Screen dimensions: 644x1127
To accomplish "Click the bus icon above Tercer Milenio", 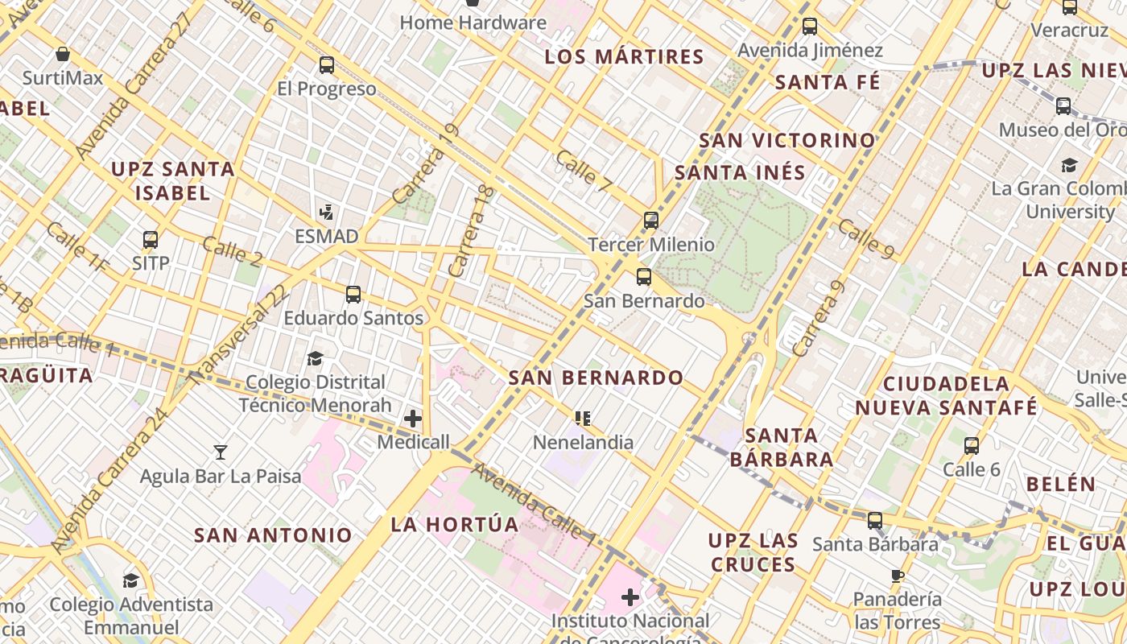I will (650, 220).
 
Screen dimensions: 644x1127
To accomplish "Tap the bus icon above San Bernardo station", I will (643, 277).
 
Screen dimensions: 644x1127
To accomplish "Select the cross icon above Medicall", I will (413, 419).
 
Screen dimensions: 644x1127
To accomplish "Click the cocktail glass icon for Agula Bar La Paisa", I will (221, 452).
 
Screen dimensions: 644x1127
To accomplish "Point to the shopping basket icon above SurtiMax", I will (63, 55).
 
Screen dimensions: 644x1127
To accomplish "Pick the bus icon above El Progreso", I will (326, 65).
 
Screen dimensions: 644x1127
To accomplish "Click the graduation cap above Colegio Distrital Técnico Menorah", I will (315, 358).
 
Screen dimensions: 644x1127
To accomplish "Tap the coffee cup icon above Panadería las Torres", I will (898, 576).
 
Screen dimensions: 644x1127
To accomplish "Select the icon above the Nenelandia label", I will (583, 418).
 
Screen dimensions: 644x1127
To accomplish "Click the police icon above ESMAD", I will (326, 213).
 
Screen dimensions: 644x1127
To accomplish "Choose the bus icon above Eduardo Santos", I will (353, 294).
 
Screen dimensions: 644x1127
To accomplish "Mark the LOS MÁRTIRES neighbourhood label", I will (624, 57).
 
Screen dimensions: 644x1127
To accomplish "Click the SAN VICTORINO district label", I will (786, 140).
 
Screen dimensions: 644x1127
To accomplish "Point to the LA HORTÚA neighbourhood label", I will (455, 525).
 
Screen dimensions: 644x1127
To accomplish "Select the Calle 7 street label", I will (584, 171).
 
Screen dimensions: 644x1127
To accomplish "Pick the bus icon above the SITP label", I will (151, 239).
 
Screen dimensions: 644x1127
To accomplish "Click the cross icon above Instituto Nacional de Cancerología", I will (630, 597).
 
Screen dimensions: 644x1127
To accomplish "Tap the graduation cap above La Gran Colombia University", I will (1069, 165).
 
